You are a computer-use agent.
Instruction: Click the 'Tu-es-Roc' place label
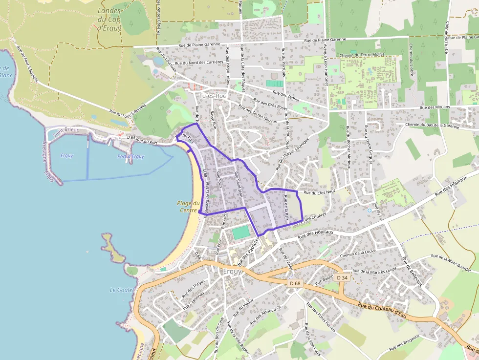point(212,96)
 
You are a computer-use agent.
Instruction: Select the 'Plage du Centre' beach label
point(188,207)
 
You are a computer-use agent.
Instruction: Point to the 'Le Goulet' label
point(119,290)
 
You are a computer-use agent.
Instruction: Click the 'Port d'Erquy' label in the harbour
point(131,156)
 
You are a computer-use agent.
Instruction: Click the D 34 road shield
point(342,277)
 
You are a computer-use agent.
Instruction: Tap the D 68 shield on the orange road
point(295,283)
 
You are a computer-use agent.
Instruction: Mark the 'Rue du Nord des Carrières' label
point(198,63)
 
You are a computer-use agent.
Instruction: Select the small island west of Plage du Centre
point(113,248)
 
